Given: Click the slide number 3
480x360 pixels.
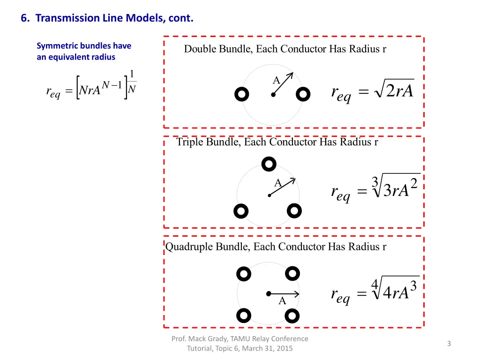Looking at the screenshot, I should (x=449, y=344).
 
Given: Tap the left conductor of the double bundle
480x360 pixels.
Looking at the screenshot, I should (x=241, y=95).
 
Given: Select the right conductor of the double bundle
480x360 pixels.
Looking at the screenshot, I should (x=304, y=95).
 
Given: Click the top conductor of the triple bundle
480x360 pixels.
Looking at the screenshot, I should (x=269, y=164).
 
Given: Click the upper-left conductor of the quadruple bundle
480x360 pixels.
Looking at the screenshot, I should (x=244, y=273).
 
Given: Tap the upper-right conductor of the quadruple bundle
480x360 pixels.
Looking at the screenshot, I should (x=292, y=272).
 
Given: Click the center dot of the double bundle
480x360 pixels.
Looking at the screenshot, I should (x=273, y=95).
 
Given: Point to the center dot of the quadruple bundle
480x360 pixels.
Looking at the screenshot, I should (x=269, y=294).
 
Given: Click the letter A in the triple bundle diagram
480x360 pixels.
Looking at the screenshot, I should (x=277, y=183).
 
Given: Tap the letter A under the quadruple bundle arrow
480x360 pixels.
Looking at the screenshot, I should (x=282, y=301).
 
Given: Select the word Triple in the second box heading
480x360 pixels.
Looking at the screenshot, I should (x=190, y=142).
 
